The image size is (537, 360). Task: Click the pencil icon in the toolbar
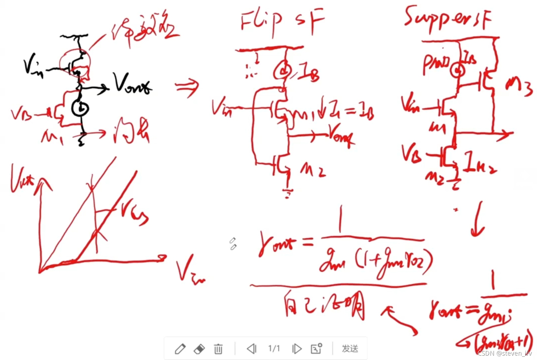point(180,349)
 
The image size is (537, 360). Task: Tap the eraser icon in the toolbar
point(199,349)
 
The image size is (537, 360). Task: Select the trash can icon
point(218,349)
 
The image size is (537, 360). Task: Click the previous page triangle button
point(252,349)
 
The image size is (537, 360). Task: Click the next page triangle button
point(296,349)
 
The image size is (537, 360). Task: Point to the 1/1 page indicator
point(274,349)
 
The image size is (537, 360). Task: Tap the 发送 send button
point(350,349)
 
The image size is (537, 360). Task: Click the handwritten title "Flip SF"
point(281,22)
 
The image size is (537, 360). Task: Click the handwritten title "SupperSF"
point(448,18)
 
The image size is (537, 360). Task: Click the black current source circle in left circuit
point(80,108)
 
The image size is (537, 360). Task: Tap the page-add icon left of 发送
point(316,349)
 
